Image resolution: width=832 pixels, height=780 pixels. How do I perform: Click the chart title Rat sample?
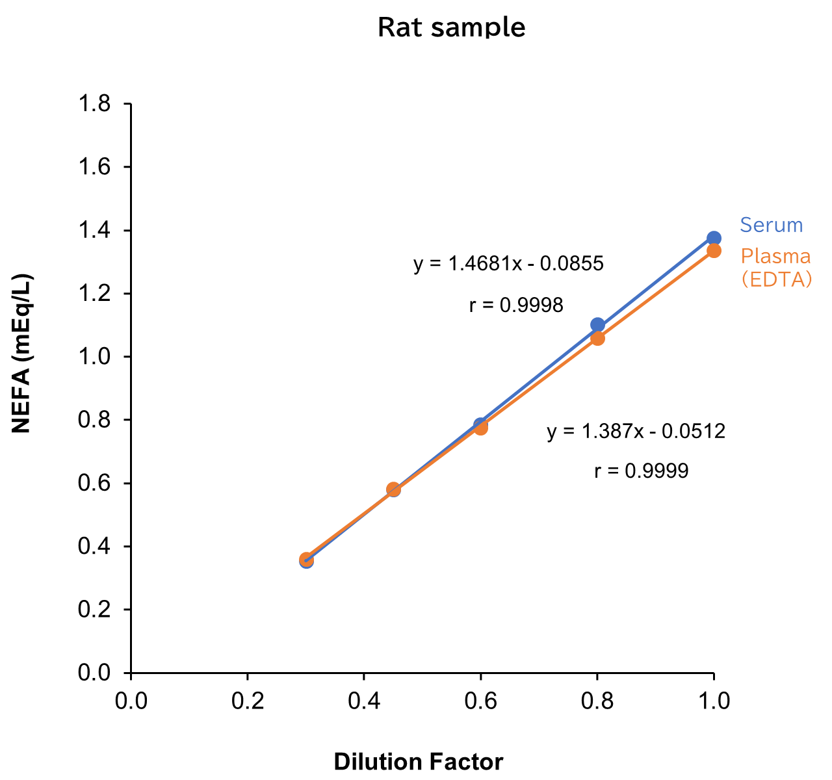(x=451, y=27)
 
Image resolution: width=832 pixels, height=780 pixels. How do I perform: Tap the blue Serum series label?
(x=772, y=225)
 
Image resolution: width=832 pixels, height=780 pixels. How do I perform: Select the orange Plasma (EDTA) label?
(x=776, y=267)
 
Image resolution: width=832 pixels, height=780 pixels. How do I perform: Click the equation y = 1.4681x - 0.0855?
(x=509, y=263)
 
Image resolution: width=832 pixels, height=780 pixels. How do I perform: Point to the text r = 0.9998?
(x=516, y=305)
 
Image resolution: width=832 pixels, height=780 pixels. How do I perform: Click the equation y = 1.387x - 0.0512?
(x=636, y=431)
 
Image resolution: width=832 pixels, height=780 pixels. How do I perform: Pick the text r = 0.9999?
(x=641, y=471)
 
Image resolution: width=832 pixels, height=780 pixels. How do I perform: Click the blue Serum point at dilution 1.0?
(x=714, y=239)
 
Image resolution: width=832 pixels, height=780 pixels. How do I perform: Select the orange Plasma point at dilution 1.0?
(x=714, y=251)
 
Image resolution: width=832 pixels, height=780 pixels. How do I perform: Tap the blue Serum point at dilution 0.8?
(x=597, y=324)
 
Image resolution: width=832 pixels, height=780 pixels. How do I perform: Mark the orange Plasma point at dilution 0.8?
(x=597, y=338)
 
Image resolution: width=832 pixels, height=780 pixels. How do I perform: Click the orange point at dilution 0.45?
(x=393, y=489)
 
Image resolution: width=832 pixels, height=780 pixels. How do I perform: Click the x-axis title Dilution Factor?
(x=419, y=762)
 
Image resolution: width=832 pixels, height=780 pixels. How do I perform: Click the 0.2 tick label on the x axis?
(x=247, y=701)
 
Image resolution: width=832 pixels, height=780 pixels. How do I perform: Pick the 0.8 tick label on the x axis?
(x=597, y=701)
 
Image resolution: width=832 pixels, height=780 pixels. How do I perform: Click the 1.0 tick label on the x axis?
(x=713, y=701)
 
